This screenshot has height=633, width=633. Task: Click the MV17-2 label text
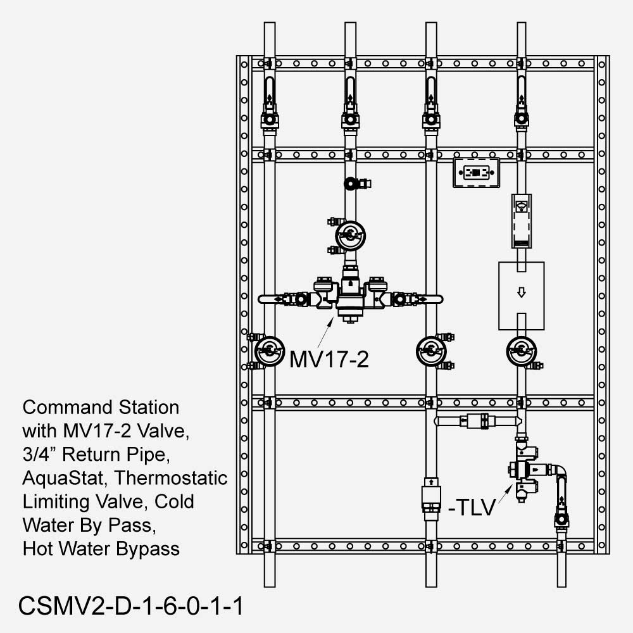tap(329, 359)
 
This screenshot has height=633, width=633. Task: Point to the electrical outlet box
tap(476, 173)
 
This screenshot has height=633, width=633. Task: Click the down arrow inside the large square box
tap(521, 293)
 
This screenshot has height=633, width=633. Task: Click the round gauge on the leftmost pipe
tap(268, 350)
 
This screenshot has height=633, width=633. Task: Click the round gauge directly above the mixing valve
tap(349, 235)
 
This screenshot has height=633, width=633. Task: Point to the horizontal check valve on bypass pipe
tap(475, 420)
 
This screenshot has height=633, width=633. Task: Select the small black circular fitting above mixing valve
tap(350, 184)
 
